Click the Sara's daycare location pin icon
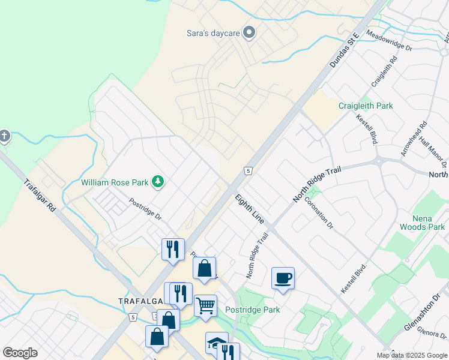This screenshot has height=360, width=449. (249, 33)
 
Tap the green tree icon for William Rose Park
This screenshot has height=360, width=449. (158, 181)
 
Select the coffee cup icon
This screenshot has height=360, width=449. (283, 278)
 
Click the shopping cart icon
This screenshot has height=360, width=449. (205, 305)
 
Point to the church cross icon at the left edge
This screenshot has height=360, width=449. (4, 136)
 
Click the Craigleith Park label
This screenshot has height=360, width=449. (366, 106)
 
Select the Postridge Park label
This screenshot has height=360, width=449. (252, 310)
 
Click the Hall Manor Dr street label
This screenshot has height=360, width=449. (433, 153)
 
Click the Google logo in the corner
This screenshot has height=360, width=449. (20, 353)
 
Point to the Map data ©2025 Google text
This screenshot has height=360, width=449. (411, 355)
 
